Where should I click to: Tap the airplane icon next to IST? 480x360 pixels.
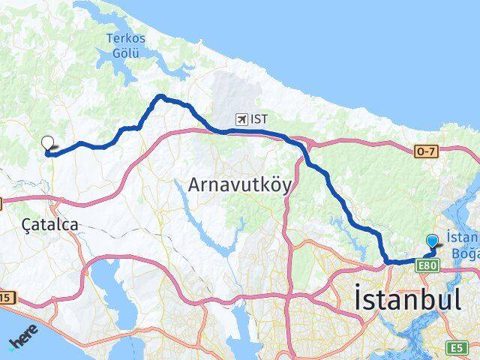(x=241, y=118)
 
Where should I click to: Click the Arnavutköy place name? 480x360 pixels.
(x=239, y=184)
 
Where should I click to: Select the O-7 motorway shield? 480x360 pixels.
(x=424, y=151)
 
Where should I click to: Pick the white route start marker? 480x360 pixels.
(x=48, y=142)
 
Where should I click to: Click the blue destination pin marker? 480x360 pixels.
(x=433, y=241)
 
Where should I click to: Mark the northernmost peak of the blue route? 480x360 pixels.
(x=160, y=96)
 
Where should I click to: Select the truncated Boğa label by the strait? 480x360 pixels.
(x=463, y=253)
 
